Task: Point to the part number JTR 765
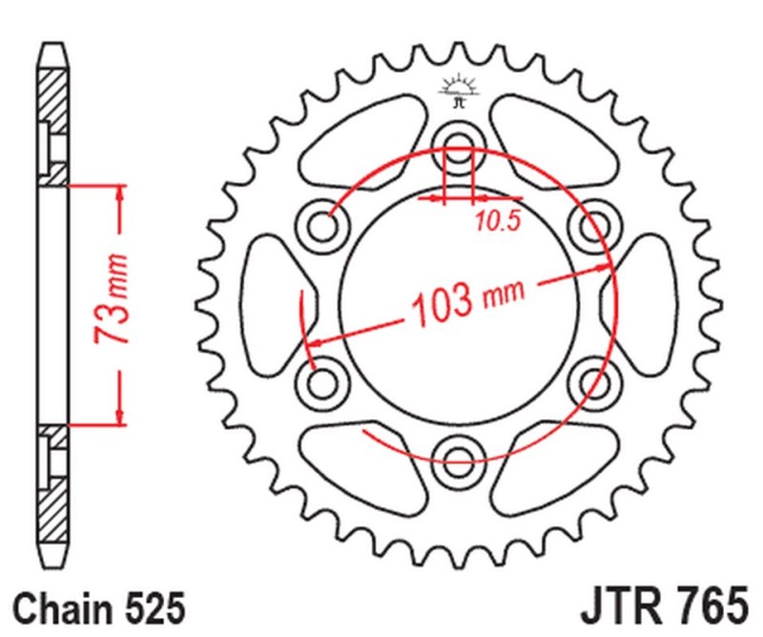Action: [x=662, y=605]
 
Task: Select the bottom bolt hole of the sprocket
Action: [x=459, y=451]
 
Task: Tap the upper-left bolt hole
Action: [x=326, y=225]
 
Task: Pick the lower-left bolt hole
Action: [x=326, y=381]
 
